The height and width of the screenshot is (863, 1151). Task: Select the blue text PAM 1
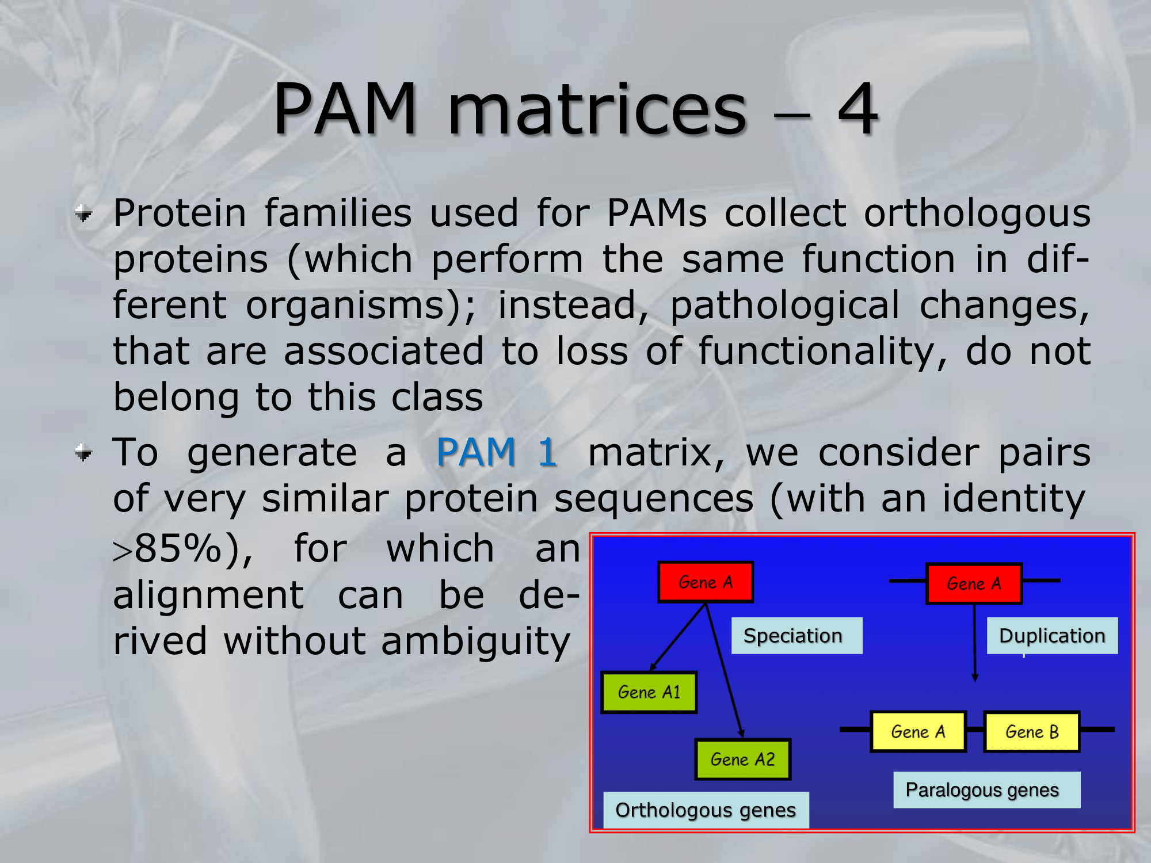pyautogui.click(x=497, y=452)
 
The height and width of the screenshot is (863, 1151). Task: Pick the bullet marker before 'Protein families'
pyautogui.click(x=84, y=214)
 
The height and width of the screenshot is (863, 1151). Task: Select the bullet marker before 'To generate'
pyautogui.click(x=84, y=453)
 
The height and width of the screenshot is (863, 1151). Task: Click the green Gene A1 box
pyautogui.click(x=649, y=692)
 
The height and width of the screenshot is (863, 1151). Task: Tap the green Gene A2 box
pyautogui.click(x=743, y=759)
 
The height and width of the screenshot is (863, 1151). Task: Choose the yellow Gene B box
pyautogui.click(x=1032, y=732)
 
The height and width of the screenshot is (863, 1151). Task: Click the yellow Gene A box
pyautogui.click(x=918, y=732)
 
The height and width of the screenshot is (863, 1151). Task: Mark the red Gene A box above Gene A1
pyautogui.click(x=706, y=582)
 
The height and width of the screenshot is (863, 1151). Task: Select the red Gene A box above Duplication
pyautogui.click(x=974, y=583)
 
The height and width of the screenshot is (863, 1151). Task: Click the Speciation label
pyautogui.click(x=796, y=636)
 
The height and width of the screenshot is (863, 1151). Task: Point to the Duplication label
pyautogui.click(x=1053, y=636)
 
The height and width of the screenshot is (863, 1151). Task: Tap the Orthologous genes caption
pyautogui.click(x=706, y=810)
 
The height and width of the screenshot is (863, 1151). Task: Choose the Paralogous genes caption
pyautogui.click(x=987, y=790)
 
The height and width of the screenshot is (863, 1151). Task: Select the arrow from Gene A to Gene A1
pyautogui.click(x=677, y=637)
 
